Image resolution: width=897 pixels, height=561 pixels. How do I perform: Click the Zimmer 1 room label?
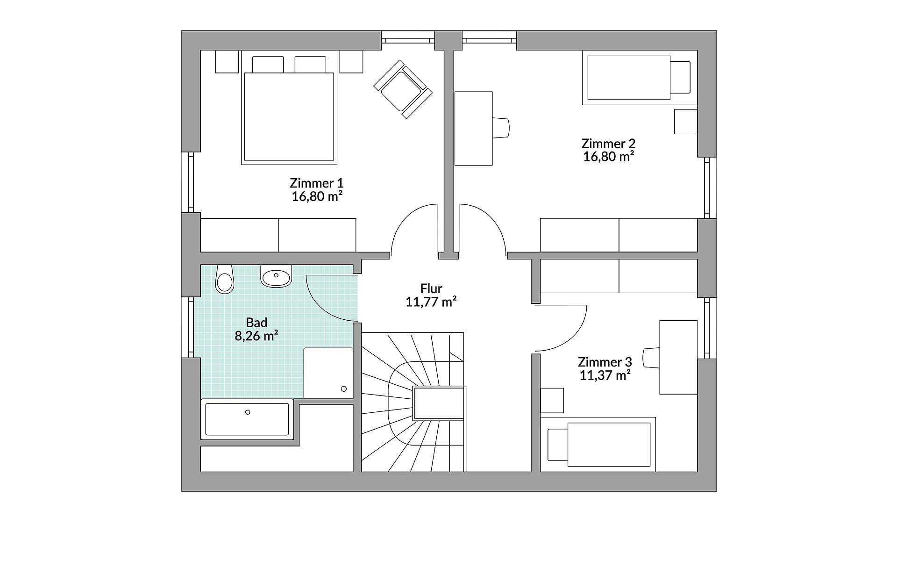point(317,183)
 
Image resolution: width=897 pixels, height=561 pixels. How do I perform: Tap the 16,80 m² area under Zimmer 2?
point(608,156)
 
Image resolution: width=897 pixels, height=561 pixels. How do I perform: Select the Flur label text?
point(431,288)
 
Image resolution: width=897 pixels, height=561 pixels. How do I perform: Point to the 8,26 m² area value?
point(256,336)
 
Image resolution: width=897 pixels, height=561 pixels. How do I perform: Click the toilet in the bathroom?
point(225,279)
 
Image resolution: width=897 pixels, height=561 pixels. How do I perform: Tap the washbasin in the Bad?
point(276,276)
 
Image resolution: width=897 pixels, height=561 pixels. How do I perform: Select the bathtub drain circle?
point(248,412)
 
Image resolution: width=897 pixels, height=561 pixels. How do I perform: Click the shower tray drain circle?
point(344,389)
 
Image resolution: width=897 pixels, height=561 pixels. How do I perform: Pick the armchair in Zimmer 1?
point(403,89)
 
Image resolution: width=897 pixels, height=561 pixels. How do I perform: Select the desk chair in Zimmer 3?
point(651,358)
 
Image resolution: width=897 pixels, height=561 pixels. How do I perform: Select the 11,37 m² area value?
point(605,375)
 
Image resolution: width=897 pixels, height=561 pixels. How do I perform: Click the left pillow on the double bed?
point(268,65)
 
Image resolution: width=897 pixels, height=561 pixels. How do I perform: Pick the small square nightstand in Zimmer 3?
point(552,400)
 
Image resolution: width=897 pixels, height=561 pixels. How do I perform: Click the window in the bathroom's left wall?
point(191,327)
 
